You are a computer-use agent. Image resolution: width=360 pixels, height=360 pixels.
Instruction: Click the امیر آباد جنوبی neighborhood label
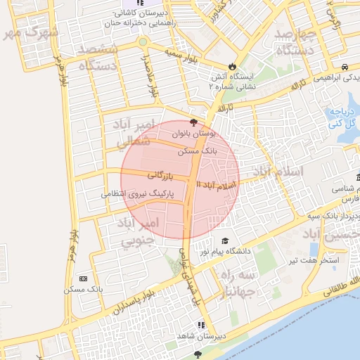click(141, 231)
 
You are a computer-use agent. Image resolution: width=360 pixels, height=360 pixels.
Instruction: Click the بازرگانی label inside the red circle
click(164, 174)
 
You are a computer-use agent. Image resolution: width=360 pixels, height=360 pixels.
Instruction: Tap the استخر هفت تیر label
click(319, 260)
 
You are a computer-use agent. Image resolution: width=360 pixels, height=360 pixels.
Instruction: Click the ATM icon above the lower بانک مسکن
click(84, 279)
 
